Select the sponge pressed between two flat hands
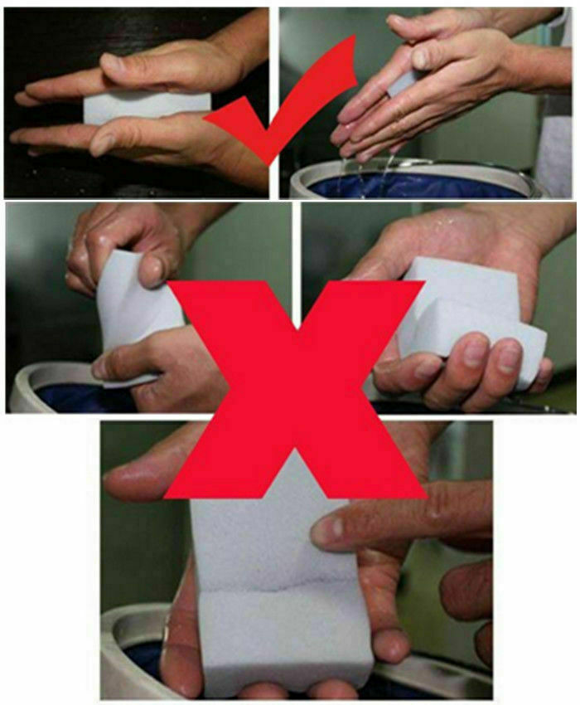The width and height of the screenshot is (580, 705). [149, 107]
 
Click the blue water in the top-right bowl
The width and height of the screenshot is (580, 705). [414, 185]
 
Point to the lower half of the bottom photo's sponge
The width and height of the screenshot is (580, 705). [282, 634]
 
